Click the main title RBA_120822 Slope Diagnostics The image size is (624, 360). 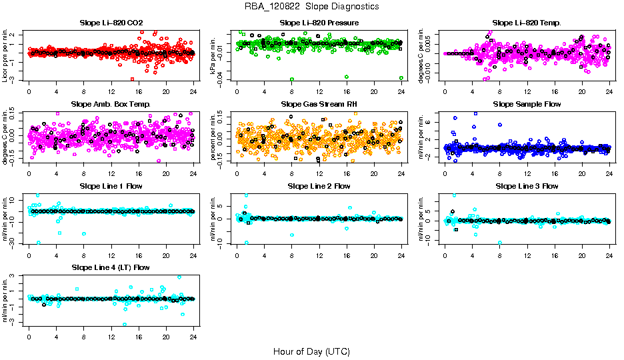(x=311, y=6)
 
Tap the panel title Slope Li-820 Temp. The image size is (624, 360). (x=527, y=23)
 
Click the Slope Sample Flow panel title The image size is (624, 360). (x=527, y=104)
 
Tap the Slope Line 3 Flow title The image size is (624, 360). (x=527, y=186)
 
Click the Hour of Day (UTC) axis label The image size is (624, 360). (x=311, y=351)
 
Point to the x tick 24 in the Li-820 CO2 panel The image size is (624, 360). (x=193, y=91)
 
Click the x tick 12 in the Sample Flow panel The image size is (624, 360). (x=527, y=173)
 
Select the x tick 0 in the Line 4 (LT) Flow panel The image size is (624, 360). (x=29, y=336)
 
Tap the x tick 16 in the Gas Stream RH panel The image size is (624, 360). (x=347, y=173)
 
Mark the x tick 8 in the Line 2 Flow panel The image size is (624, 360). (x=292, y=254)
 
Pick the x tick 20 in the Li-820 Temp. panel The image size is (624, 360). (x=582, y=91)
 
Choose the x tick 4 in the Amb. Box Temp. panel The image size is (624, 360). (x=57, y=173)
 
